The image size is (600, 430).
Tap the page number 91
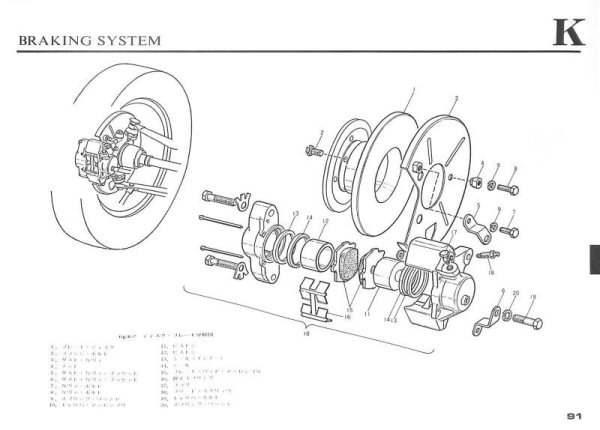pos(573,416)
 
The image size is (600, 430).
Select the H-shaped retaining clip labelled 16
pos(319,298)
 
